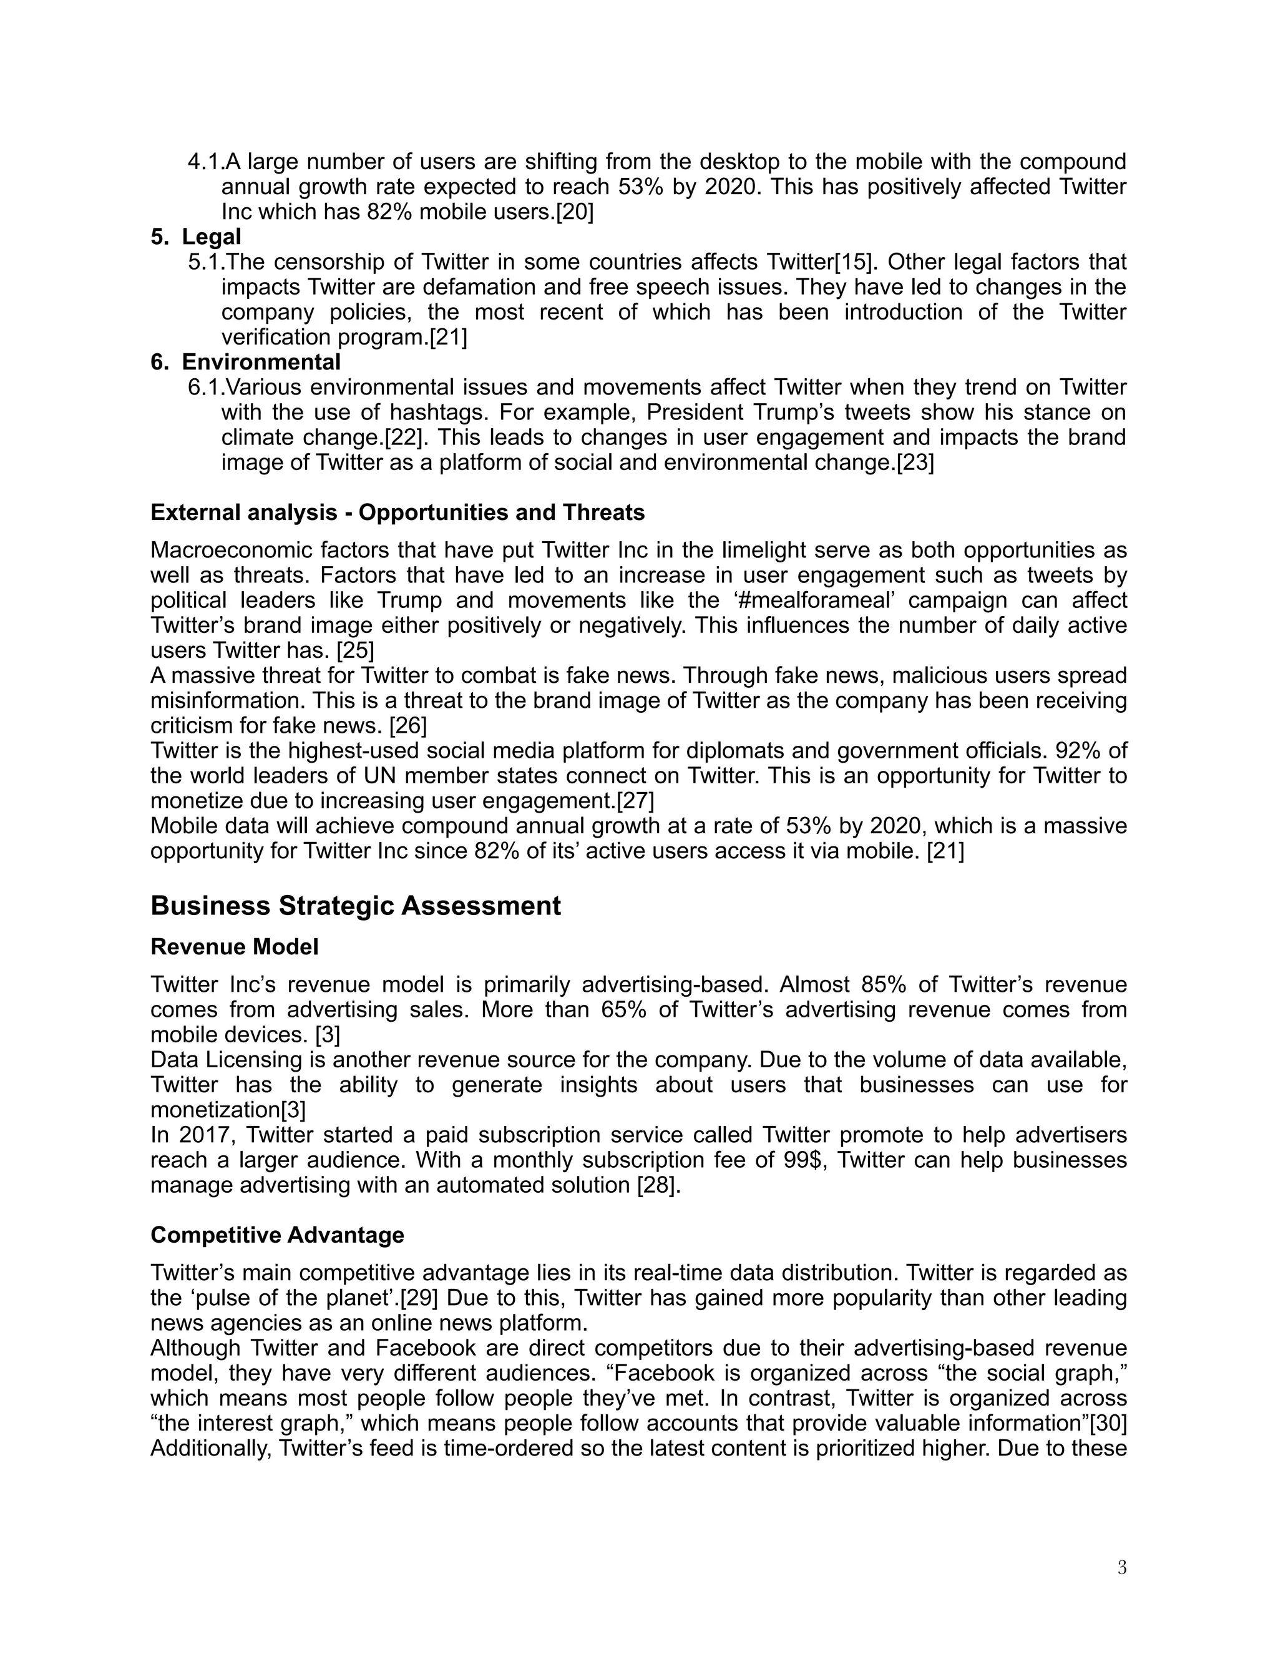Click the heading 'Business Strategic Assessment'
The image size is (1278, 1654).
click(355, 906)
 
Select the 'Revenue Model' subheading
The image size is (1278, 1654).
click(234, 947)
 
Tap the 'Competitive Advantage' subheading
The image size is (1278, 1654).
click(277, 1235)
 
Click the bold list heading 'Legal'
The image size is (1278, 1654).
click(212, 237)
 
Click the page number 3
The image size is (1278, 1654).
click(1121, 1568)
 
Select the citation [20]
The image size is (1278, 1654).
click(575, 212)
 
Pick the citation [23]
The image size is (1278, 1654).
click(915, 462)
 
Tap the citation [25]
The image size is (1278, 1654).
click(355, 650)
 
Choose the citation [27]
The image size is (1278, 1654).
click(635, 801)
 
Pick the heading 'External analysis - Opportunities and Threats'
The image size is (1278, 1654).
click(398, 512)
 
